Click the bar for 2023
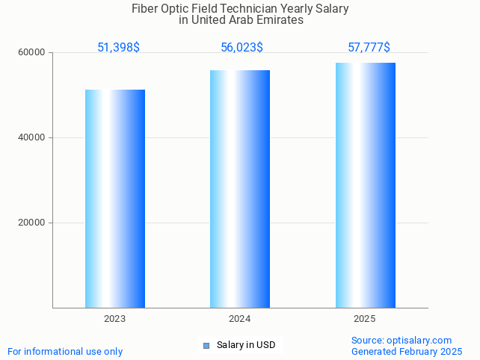(114, 199)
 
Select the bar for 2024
(240, 189)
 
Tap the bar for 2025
(365, 185)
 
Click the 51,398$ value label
(118, 48)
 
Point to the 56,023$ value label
(241, 48)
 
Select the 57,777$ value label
(369, 48)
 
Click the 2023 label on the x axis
(114, 319)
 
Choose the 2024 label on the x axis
(240, 319)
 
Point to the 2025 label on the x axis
(365, 319)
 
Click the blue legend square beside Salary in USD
(206, 345)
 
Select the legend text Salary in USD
(246, 345)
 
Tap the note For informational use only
(65, 352)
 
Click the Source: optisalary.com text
(401, 341)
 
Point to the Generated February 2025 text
(406, 352)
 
